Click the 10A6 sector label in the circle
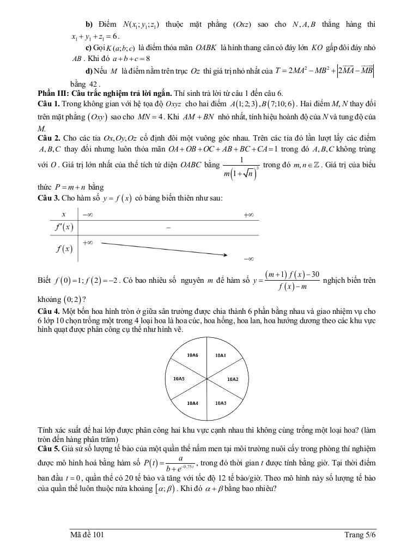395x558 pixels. tap(193, 355)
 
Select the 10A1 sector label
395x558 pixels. tap(220, 355)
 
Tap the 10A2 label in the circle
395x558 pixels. tap(233, 378)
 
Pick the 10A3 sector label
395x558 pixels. tap(220, 403)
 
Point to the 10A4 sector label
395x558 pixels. tap(193, 403)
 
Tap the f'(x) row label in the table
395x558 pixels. tap(64, 227)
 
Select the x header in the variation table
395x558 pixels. tap(64, 215)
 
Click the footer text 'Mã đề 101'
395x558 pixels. tap(87, 536)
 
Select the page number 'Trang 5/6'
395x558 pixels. tap(360, 536)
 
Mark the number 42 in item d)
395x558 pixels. tap(94, 84)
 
